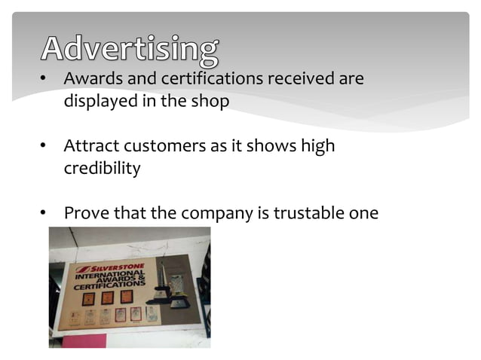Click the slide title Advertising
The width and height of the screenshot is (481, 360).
click(130, 48)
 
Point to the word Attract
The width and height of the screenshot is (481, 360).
click(90, 146)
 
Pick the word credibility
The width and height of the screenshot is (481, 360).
click(102, 169)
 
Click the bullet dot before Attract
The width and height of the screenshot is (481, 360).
click(44, 147)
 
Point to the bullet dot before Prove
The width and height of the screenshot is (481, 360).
click(44, 215)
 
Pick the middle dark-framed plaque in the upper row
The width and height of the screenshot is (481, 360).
click(106, 297)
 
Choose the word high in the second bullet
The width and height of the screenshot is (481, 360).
click(317, 146)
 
